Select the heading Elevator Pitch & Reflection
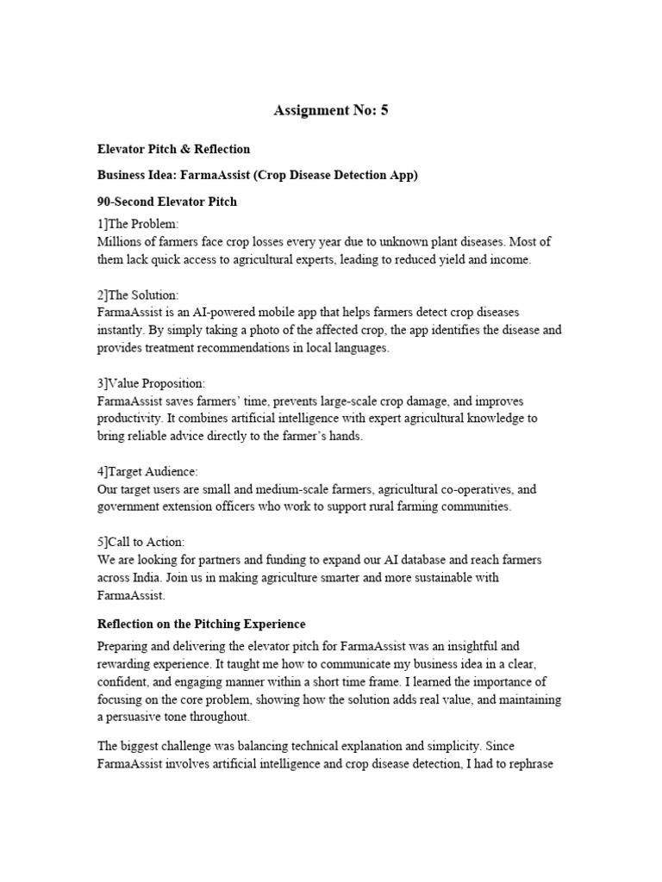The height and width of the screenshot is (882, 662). coord(174,149)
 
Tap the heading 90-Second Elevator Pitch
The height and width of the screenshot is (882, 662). coord(167,202)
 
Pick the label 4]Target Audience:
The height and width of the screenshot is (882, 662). coord(147,472)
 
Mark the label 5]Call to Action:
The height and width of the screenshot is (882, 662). coord(141,543)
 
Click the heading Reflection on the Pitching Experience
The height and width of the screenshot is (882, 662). coord(202,624)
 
